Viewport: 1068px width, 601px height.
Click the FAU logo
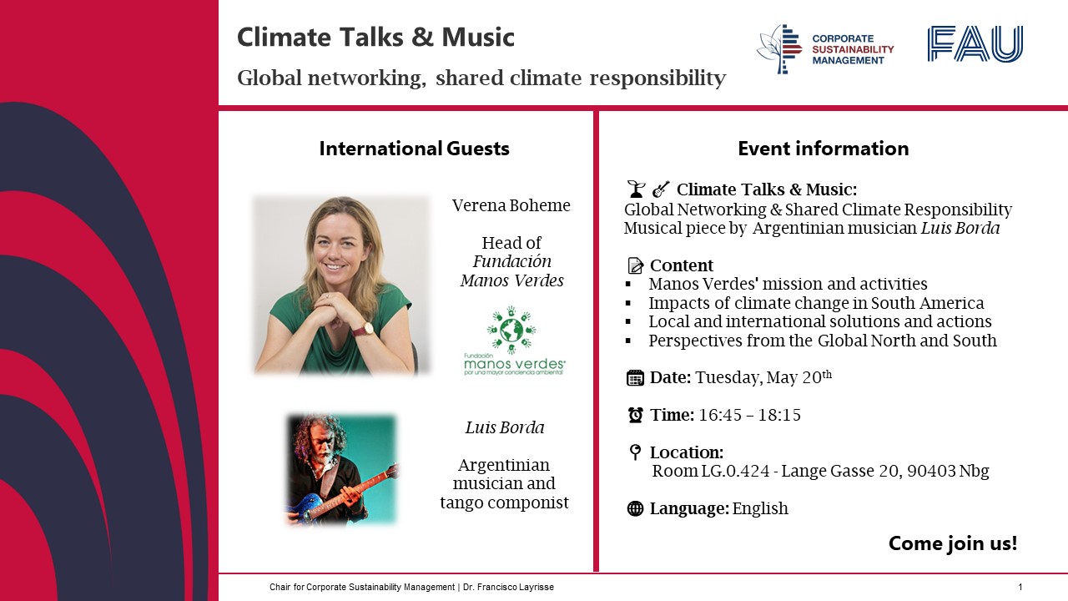tap(975, 44)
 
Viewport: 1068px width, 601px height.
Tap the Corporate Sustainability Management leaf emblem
tap(779, 49)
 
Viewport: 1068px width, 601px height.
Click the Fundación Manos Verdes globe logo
tap(511, 330)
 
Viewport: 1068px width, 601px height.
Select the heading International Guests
tap(415, 149)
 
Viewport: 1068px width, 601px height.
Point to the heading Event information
tap(824, 149)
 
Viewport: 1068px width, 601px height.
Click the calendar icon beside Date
tap(635, 378)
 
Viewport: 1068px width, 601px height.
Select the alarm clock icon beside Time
tap(635, 415)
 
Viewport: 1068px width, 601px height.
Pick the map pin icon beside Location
tap(635, 452)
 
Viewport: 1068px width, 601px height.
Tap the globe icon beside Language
tap(635, 508)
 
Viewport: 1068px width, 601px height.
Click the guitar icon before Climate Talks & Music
tap(661, 189)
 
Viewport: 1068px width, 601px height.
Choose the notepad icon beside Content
tap(635, 265)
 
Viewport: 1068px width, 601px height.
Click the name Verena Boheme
tap(511, 205)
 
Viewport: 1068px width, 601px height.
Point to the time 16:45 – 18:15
tap(749, 415)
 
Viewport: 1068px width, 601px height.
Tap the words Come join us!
tap(953, 543)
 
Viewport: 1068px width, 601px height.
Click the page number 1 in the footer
tap(1020, 587)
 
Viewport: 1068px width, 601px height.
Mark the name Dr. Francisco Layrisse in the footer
tap(508, 587)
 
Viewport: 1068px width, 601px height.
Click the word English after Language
tap(760, 509)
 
